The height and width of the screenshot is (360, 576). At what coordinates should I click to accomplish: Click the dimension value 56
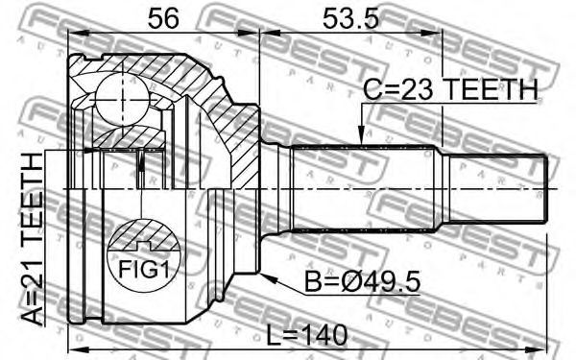pyautogui.click(x=163, y=18)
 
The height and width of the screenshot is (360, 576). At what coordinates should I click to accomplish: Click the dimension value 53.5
pyautogui.click(x=350, y=18)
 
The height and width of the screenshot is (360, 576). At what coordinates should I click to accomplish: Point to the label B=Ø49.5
pyautogui.click(x=363, y=282)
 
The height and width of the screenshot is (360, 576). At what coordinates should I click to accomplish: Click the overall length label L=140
pyautogui.click(x=307, y=335)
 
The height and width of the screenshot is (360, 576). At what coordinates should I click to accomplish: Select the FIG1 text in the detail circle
pyautogui.click(x=144, y=269)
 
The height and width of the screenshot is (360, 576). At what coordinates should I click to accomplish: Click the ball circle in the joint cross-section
pyautogui.click(x=122, y=100)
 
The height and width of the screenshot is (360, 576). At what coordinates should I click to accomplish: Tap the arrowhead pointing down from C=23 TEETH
pyautogui.click(x=362, y=135)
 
